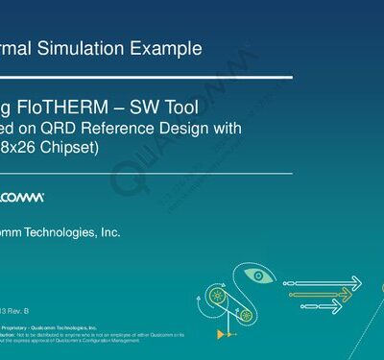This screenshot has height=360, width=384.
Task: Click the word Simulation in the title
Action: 87,46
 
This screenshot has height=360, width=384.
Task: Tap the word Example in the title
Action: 167,46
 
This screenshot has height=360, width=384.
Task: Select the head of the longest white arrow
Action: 357,283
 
